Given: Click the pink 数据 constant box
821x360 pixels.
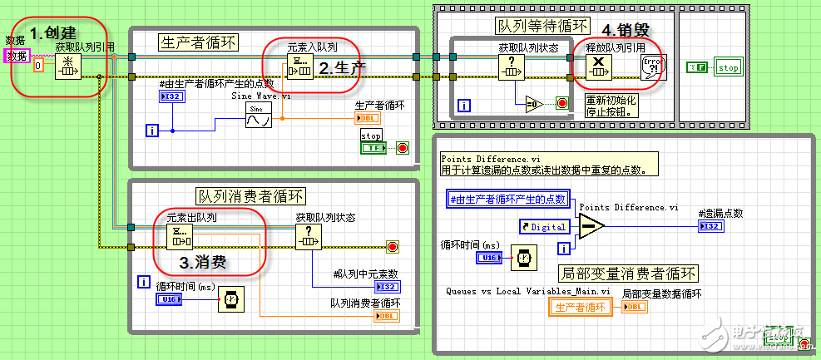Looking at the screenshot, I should pos(15,56).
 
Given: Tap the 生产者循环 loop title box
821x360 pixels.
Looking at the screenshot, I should pos(199,42).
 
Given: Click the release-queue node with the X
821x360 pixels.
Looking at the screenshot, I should pos(598,68).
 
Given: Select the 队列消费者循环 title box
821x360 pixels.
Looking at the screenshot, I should pos(250,196).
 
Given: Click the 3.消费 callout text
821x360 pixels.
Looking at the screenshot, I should pos(207,262).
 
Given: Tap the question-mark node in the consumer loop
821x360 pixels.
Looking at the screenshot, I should pos(308,236).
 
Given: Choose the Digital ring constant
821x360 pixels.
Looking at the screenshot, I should pos(545,226).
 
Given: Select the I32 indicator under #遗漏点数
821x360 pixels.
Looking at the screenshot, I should pos(711,226).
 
